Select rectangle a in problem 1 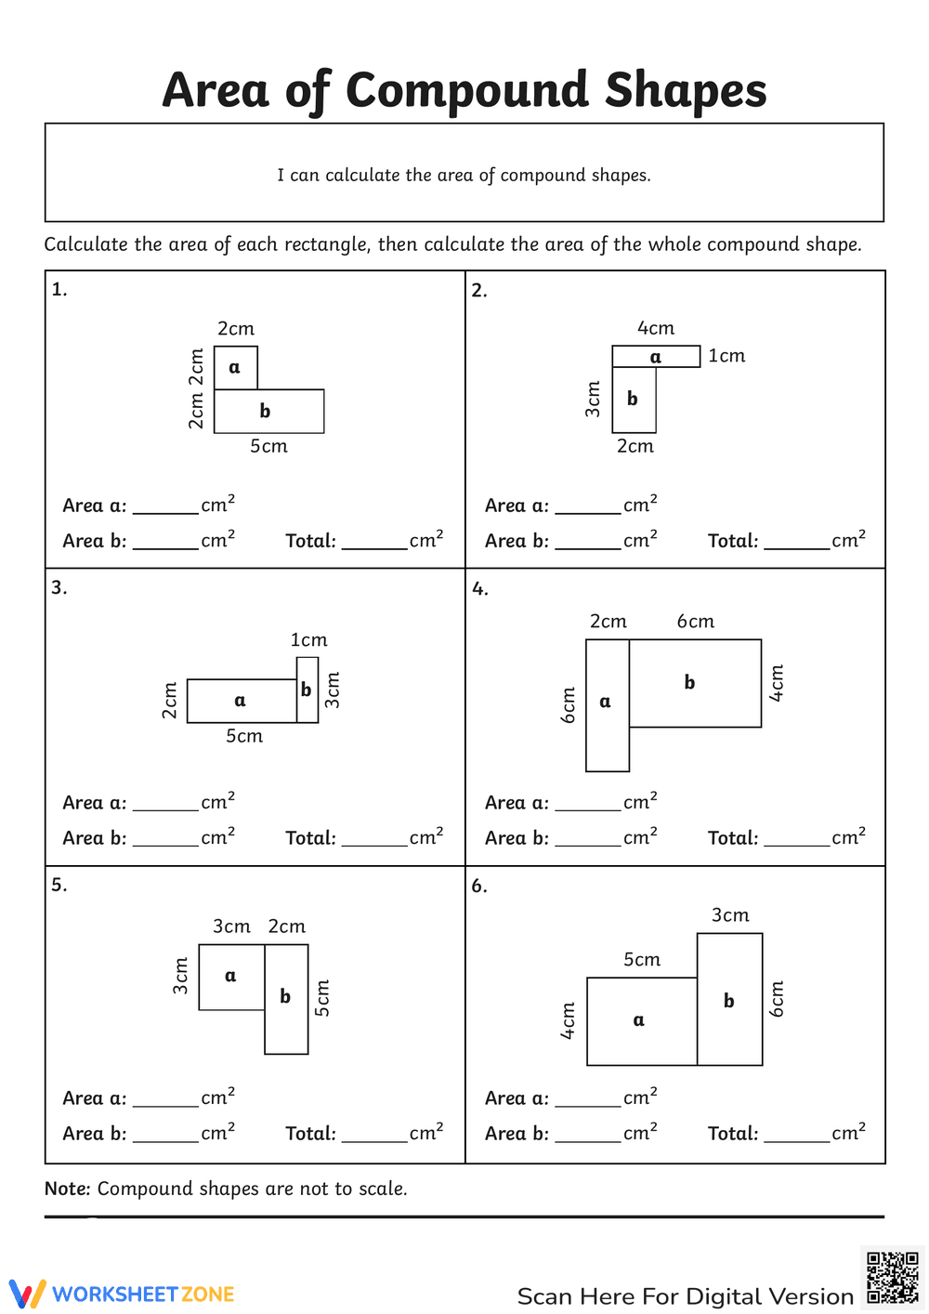(x=236, y=368)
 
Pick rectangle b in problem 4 (x=695, y=683)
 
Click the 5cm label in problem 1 (x=268, y=447)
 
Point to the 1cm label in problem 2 (x=726, y=356)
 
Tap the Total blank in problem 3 (x=374, y=838)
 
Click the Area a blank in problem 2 (x=587, y=506)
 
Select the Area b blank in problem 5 (x=165, y=1134)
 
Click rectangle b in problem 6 (x=729, y=1000)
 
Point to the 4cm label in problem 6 (x=569, y=1020)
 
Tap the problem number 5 (x=59, y=885)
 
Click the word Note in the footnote (x=67, y=1189)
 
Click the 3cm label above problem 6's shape (x=730, y=915)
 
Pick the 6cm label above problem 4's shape (x=695, y=622)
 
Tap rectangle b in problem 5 (x=286, y=999)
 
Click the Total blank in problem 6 (x=796, y=1134)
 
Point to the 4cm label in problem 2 (x=656, y=329)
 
